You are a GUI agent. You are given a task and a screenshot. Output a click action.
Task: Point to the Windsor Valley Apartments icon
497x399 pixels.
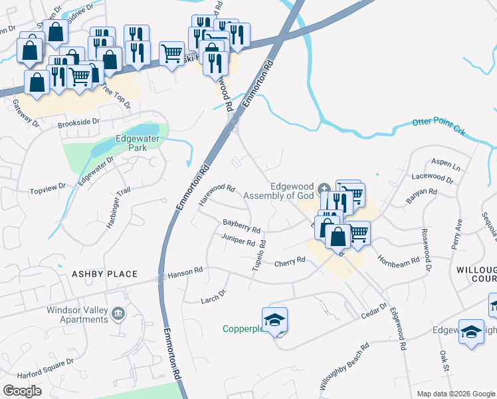pyautogui.click(x=118, y=313)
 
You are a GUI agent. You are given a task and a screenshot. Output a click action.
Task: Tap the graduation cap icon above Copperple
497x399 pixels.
pyautogui.click(x=274, y=319)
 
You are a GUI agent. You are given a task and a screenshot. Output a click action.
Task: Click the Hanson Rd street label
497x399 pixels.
pyautogui.click(x=185, y=273)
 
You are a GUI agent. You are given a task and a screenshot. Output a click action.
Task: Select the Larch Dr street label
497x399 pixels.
pyautogui.click(x=214, y=297)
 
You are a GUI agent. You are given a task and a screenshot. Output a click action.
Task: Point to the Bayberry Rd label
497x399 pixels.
pyautogui.click(x=241, y=225)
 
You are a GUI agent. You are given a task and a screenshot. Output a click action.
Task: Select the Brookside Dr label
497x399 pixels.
pyautogui.click(x=78, y=122)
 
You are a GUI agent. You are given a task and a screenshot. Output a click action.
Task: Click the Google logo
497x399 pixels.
pyautogui.click(x=22, y=391)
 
